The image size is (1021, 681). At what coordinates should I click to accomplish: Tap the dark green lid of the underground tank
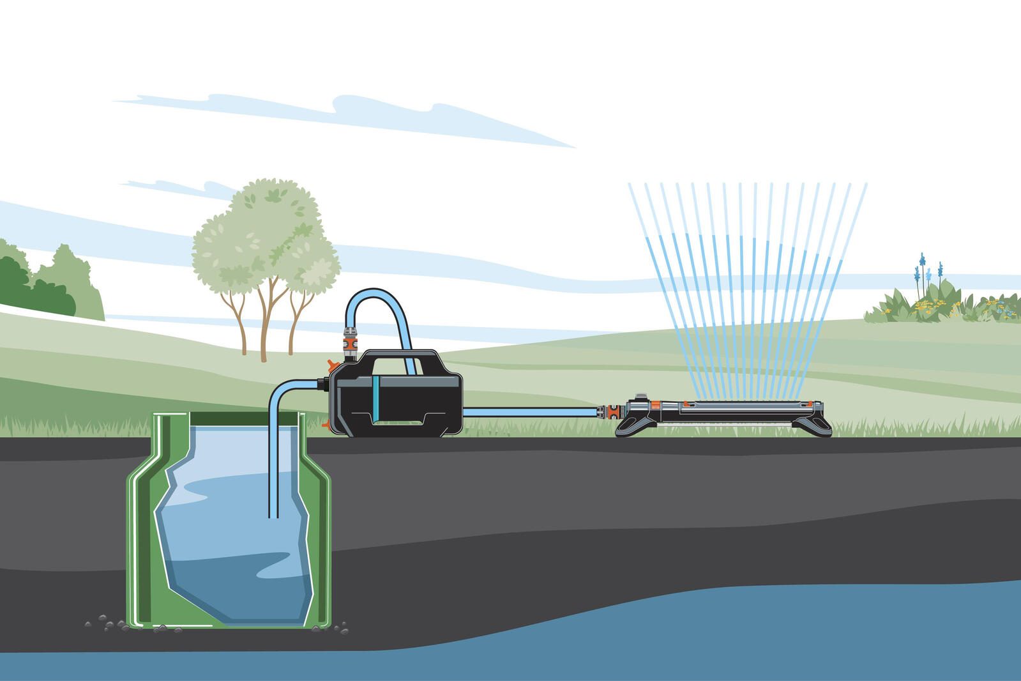[172, 418]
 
